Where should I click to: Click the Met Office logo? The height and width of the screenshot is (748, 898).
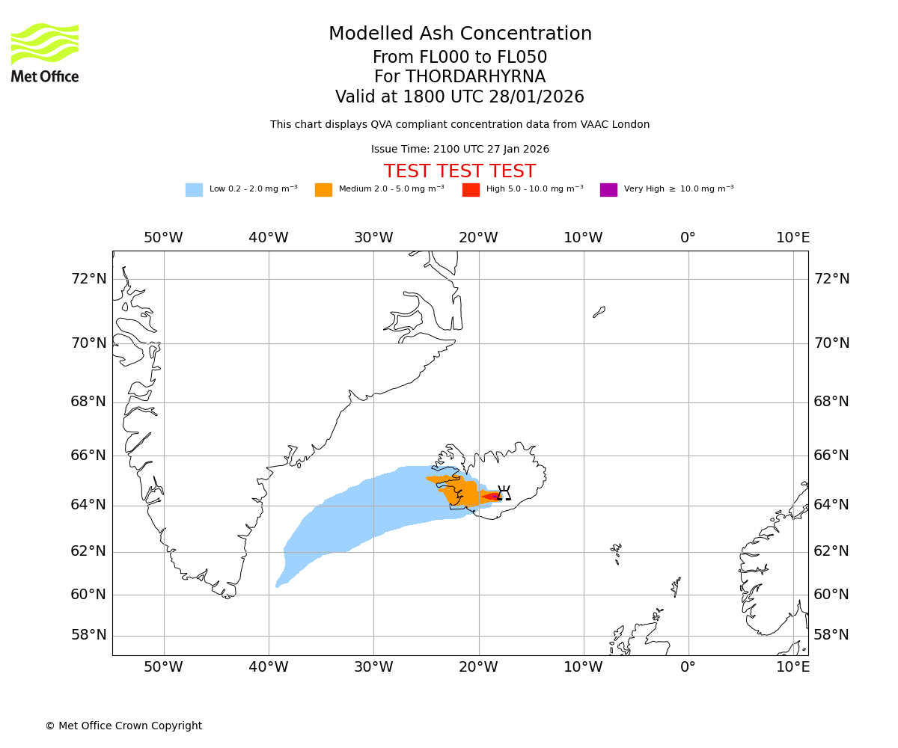coord(45,52)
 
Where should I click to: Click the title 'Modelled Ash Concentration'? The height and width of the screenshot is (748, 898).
coord(460,34)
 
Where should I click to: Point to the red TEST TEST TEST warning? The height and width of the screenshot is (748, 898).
coord(459,171)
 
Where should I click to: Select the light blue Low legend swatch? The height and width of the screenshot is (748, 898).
coord(194,190)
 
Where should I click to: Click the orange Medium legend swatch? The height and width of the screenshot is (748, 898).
coord(323,190)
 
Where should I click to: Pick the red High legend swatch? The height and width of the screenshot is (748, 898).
coord(471,190)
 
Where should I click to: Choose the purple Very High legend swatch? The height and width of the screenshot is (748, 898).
coord(608,190)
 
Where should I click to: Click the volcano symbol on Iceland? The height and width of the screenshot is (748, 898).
coord(504,493)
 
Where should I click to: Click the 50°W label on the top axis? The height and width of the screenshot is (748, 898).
coord(163,238)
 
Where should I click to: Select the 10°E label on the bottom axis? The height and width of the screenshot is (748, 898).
coord(792,666)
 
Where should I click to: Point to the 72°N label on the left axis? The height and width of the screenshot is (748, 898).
coord(88,279)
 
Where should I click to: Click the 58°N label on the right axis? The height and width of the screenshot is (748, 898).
coord(831,635)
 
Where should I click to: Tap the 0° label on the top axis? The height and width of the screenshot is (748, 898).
coord(688,238)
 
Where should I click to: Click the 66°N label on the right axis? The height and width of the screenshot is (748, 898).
coord(831,456)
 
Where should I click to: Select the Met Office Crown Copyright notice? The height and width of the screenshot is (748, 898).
coord(123,726)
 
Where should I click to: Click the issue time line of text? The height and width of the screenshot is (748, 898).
coord(459,150)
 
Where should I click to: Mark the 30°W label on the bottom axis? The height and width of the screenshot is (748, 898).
coord(373,666)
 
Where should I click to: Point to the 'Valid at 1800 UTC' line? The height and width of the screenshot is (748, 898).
coord(459,97)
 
